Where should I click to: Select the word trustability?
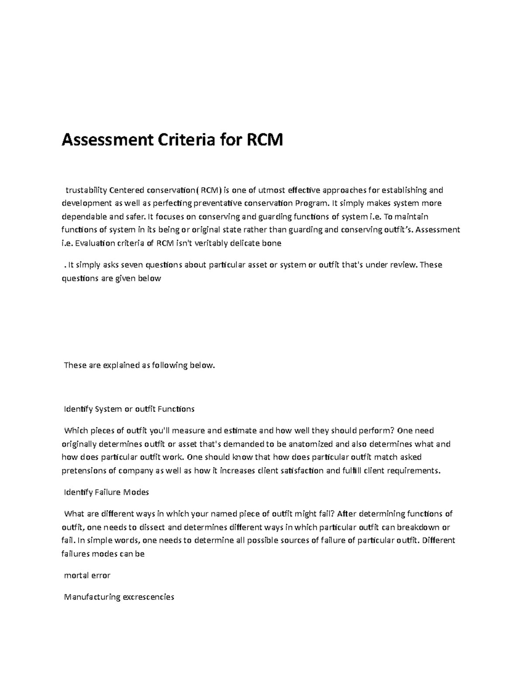(86, 190)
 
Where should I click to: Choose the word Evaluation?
(94, 243)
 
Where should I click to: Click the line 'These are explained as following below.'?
(140, 365)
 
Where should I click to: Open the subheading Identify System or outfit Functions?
(129, 409)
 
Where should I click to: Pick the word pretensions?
(85, 471)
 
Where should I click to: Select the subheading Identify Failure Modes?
(106, 492)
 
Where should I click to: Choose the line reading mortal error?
(87, 575)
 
